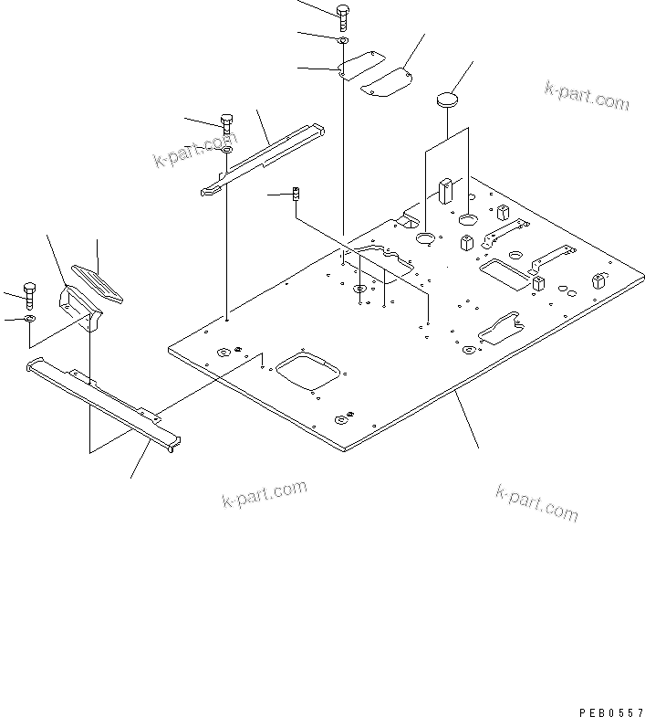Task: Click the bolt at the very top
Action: click(343, 16)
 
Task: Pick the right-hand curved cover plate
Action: click(386, 81)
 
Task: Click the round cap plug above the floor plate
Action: click(447, 99)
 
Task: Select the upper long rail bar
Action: click(264, 155)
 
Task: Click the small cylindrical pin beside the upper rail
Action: click(296, 195)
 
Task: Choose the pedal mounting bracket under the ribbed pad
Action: click(78, 306)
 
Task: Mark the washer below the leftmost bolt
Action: click(30, 319)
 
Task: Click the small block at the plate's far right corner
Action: click(598, 279)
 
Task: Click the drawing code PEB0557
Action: click(610, 710)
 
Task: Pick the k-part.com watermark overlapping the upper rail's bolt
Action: click(194, 151)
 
